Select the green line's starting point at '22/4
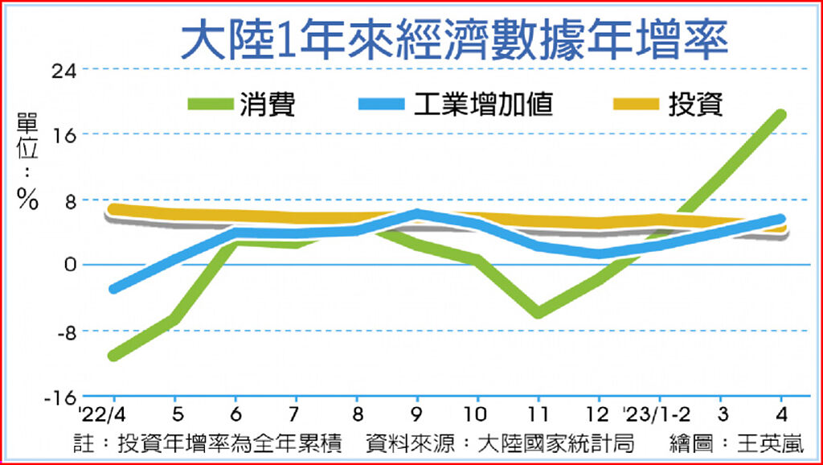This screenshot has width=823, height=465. [113, 356]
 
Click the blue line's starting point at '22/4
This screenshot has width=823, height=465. [113, 289]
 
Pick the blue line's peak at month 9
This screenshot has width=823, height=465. [416, 214]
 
